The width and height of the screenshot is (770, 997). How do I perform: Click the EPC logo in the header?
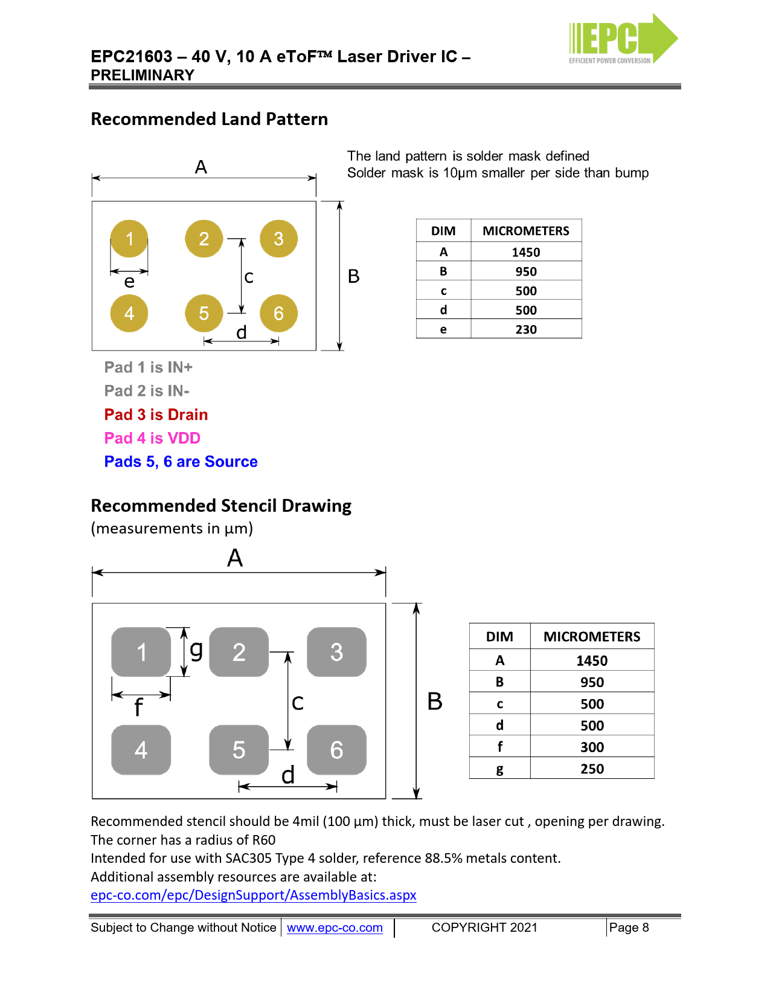(x=622, y=39)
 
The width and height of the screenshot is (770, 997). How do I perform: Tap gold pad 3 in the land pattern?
(x=278, y=239)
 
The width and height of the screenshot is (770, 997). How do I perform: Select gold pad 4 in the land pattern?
(x=129, y=314)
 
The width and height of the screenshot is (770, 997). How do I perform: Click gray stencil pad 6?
(x=336, y=750)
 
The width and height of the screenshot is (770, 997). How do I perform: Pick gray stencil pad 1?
(x=141, y=652)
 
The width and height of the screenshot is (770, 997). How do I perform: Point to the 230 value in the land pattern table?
(x=526, y=329)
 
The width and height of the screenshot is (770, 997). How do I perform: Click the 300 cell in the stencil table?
(x=592, y=747)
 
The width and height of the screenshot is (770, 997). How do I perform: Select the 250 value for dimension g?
(x=592, y=769)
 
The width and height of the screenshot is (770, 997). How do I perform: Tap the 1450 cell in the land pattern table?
(x=526, y=252)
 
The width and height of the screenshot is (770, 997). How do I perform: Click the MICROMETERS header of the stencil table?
(x=592, y=637)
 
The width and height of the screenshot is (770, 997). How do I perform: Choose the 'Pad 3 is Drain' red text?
(x=156, y=415)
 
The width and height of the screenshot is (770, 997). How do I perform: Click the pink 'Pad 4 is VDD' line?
(x=152, y=438)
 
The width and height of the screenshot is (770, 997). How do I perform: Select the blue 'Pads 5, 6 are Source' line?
(x=181, y=462)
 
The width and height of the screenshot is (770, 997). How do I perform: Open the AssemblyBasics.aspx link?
(x=253, y=895)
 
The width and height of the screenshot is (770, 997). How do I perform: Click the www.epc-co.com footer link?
(x=335, y=928)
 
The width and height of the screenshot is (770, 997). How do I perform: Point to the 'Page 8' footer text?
(x=629, y=928)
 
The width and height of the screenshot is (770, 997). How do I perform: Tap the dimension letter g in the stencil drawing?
(x=196, y=650)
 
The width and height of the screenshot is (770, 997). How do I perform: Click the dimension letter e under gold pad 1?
(x=129, y=282)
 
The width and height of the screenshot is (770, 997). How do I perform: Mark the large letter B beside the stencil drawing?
(x=435, y=701)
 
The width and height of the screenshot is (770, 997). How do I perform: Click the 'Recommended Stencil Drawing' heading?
(x=221, y=506)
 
